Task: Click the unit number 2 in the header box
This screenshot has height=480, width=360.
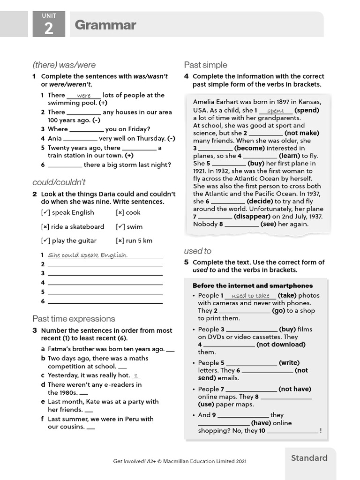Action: (x=49, y=29)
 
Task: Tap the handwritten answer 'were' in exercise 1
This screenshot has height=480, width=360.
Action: (x=84, y=96)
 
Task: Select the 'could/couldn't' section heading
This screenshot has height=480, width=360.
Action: (x=59, y=182)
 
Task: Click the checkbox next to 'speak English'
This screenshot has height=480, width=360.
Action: (x=45, y=212)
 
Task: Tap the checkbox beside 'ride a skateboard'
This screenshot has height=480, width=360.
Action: (x=45, y=226)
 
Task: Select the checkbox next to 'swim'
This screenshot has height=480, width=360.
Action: (x=120, y=226)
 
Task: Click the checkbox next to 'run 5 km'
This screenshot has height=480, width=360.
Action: (x=120, y=240)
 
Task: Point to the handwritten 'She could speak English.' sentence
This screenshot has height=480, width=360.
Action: (x=88, y=255)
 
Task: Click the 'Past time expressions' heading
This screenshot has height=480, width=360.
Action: (x=74, y=319)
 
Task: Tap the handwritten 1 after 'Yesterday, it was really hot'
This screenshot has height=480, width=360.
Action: (x=136, y=375)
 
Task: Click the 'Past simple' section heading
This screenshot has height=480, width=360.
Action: (x=205, y=65)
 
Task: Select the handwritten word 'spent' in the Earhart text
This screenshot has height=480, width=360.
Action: (x=275, y=111)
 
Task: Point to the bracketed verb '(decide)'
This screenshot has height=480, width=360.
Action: (x=263, y=201)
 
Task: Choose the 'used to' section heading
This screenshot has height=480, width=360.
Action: (x=197, y=251)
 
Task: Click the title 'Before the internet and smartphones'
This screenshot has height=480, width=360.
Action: (x=253, y=285)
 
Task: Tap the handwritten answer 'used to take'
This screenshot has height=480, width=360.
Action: (x=250, y=296)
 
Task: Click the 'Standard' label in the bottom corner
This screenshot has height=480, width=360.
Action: (x=309, y=458)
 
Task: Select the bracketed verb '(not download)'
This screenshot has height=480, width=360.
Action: (x=281, y=345)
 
